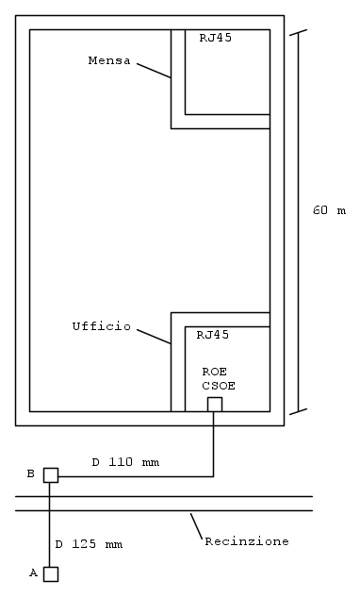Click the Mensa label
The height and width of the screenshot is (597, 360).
[109, 60]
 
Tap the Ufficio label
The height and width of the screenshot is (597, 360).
[102, 326]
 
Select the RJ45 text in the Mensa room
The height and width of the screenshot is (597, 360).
[216, 38]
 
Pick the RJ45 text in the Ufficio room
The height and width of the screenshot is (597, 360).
[213, 335]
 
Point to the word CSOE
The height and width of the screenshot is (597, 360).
[219, 386]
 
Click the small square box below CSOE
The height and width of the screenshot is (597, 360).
[215, 405]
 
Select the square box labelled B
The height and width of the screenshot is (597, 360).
[51, 475]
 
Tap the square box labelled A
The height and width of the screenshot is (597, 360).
[51, 574]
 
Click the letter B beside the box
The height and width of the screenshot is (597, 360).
[31, 473]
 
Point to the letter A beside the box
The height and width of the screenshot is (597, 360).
[34, 572]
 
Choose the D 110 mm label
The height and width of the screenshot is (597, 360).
[125, 462]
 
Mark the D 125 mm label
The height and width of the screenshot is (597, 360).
[89, 544]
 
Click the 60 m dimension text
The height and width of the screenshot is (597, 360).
[329, 210]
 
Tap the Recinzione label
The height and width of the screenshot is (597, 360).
[247, 541]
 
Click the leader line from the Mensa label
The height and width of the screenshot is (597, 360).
[154, 71]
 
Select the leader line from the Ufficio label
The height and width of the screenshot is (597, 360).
[154, 337]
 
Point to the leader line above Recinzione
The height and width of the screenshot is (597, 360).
[196, 526]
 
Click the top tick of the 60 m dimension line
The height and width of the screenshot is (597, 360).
[298, 32]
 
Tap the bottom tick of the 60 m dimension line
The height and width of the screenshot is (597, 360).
[298, 411]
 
